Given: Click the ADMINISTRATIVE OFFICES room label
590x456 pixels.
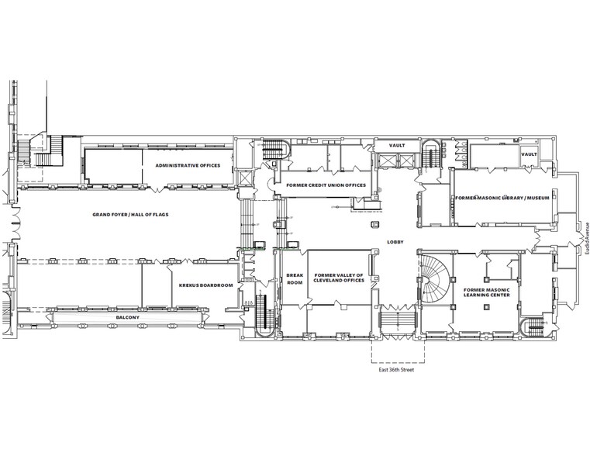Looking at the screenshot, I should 188,166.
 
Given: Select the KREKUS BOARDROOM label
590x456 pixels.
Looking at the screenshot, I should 205,285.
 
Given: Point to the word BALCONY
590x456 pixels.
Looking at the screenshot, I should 128,317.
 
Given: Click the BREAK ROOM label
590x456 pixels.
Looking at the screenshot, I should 294,279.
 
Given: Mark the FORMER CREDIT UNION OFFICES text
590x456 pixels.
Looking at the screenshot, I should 325,185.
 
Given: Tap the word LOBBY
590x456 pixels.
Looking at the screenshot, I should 395,243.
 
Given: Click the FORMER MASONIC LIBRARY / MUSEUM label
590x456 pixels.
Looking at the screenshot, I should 502,198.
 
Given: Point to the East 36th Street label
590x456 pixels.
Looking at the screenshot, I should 395,370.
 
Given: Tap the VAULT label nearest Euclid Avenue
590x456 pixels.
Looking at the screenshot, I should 529,154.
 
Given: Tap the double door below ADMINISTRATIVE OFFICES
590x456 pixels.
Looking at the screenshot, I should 160,188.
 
